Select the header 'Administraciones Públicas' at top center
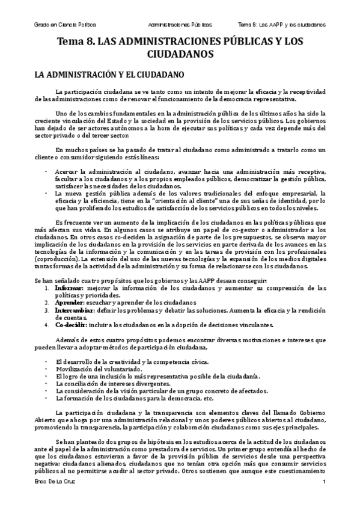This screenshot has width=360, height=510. tap(180, 25)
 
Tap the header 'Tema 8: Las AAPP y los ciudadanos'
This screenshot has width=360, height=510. tap(281, 25)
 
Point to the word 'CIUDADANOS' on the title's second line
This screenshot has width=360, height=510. tap(180, 54)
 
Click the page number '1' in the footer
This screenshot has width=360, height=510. tap(323, 500)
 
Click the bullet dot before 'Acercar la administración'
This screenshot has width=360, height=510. tap(46, 171)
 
